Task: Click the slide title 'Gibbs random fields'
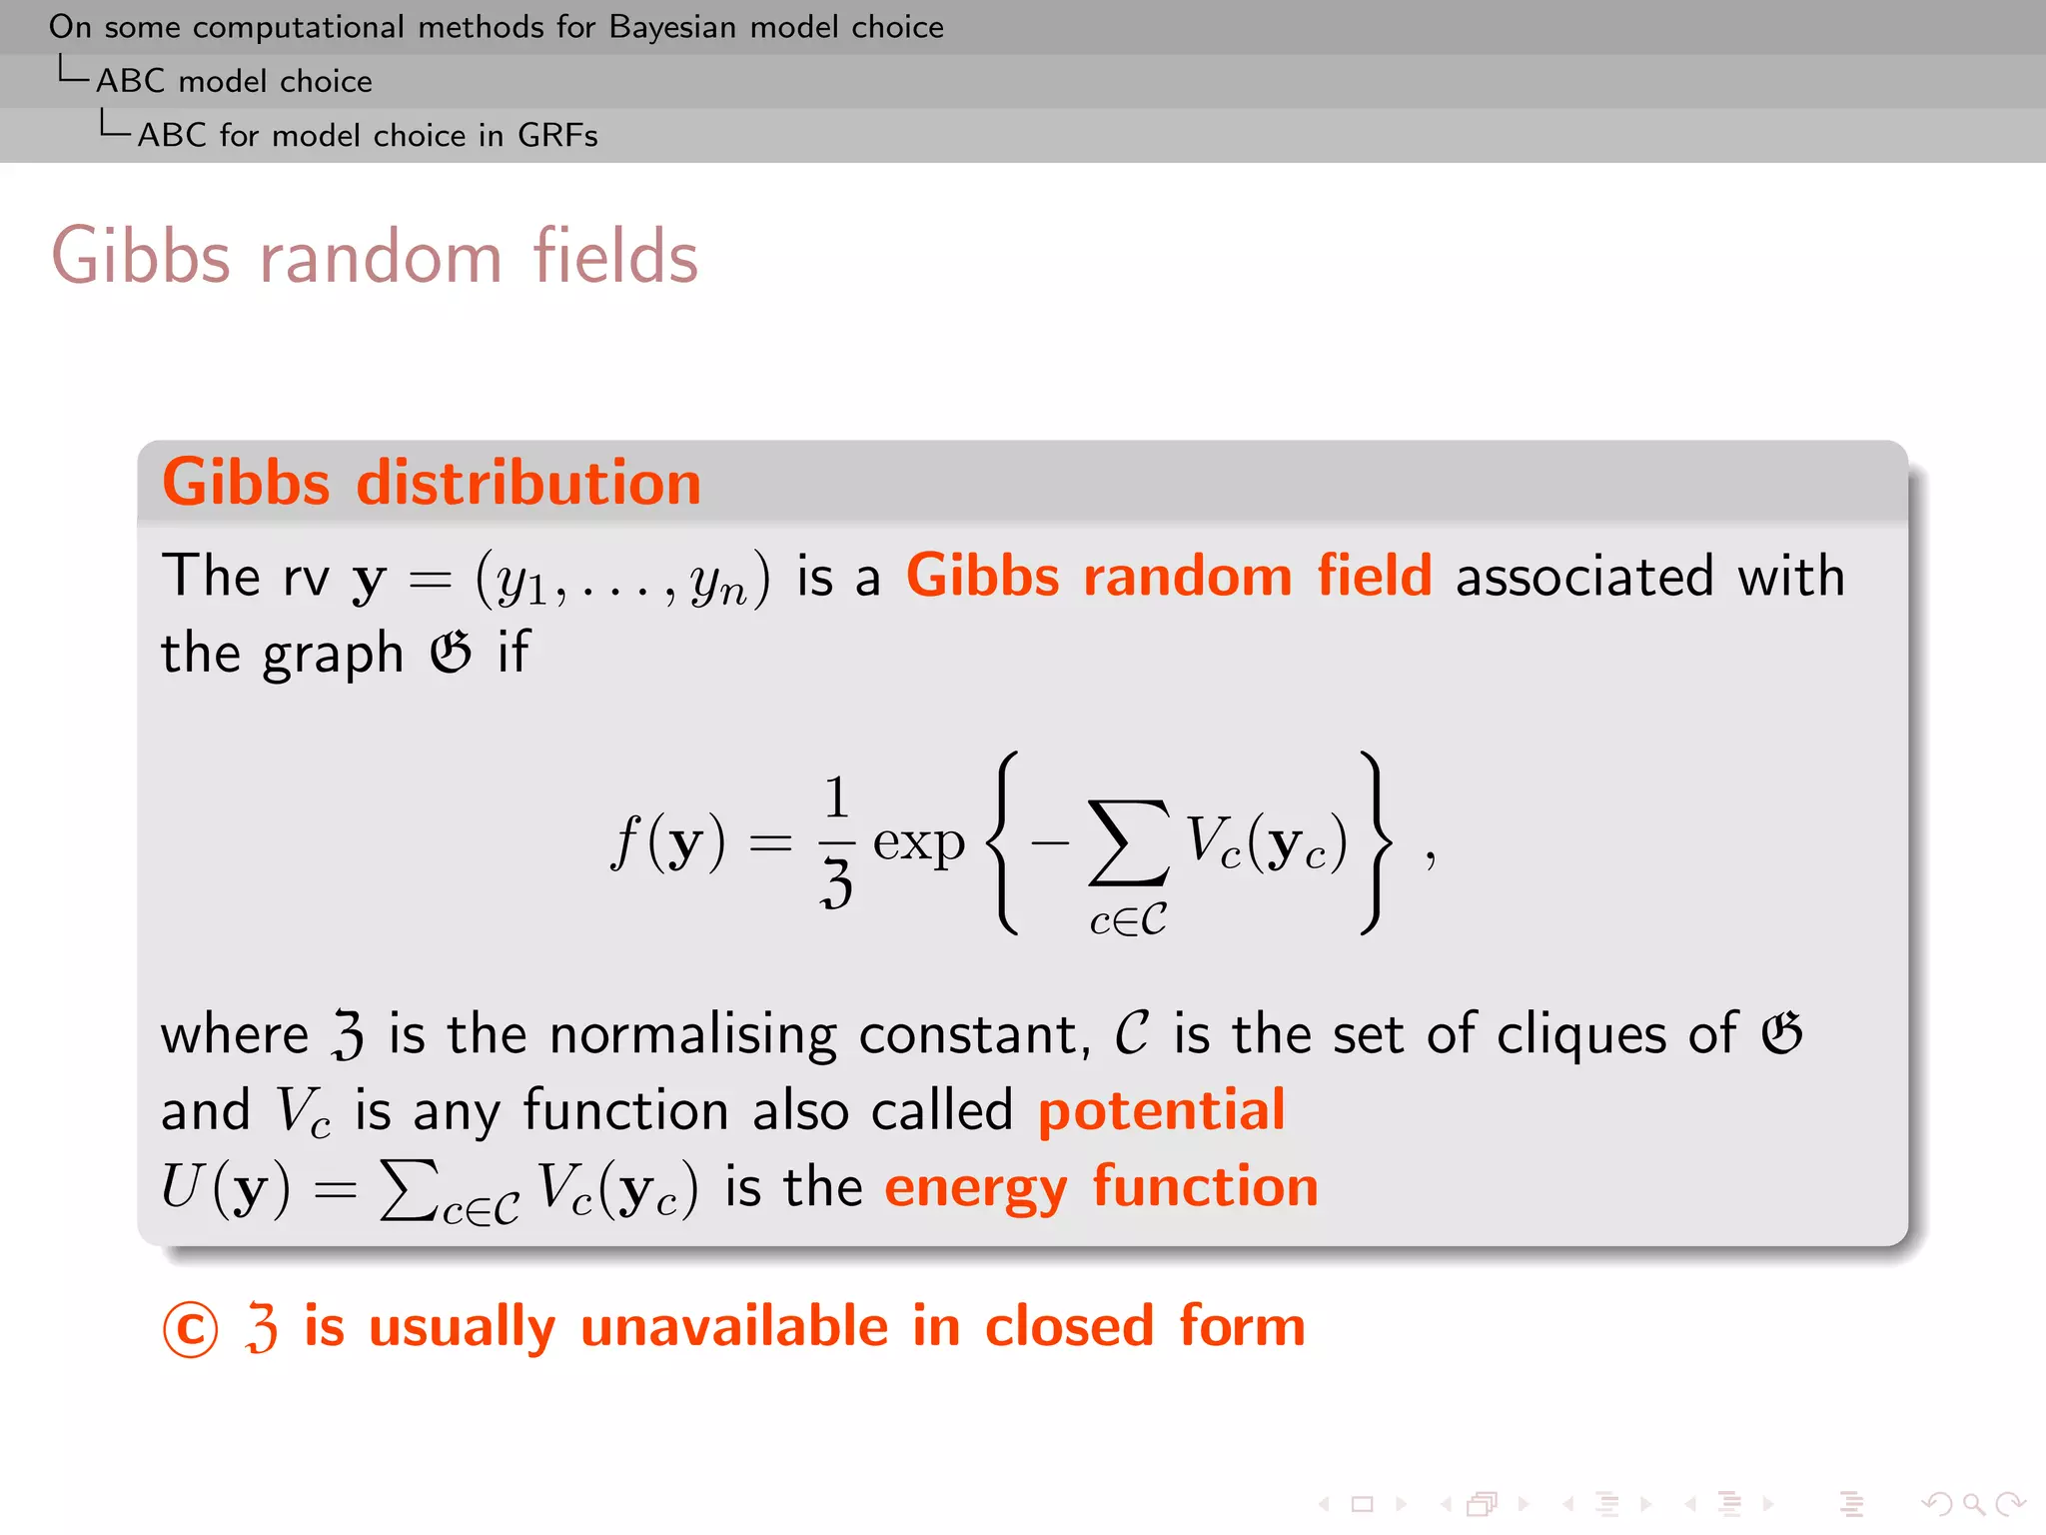click(375, 257)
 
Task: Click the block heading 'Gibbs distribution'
click(432, 483)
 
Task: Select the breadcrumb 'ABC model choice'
click(234, 81)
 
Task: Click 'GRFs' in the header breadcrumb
click(557, 135)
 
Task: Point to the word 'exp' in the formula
click(918, 842)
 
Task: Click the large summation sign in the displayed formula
click(1128, 842)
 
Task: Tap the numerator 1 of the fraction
click(836, 797)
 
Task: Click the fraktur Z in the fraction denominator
click(836, 882)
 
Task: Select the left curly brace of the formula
click(1003, 842)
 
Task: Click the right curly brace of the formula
click(1375, 842)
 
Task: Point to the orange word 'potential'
click(1162, 1110)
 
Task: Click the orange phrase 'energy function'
click(1101, 1187)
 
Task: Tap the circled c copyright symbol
click(190, 1329)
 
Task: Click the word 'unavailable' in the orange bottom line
click(734, 1327)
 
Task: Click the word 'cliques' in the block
click(1580, 1033)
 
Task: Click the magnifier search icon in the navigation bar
click(1972, 1504)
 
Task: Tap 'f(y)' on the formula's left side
click(667, 842)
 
